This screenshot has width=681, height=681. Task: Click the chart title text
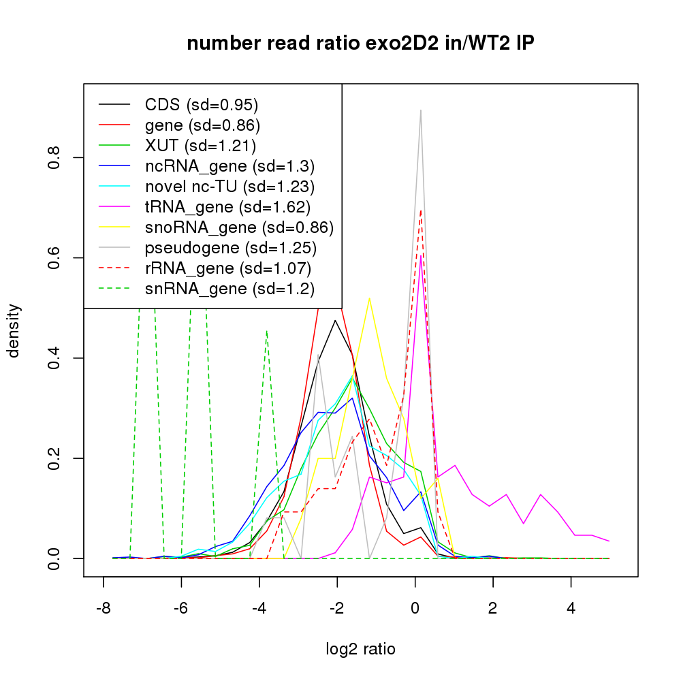pos(361,44)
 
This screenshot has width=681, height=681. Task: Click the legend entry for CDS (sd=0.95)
pos(202,105)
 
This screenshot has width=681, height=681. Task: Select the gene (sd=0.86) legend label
pos(202,125)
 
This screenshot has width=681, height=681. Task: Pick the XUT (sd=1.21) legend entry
pos(200,146)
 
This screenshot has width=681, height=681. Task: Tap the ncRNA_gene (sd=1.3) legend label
pos(229,166)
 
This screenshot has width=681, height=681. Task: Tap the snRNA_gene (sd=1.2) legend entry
pos(229,289)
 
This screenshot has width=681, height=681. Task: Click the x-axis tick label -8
pos(103,608)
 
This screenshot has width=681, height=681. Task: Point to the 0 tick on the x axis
pos(415,608)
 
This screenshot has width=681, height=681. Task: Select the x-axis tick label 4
pos(571,608)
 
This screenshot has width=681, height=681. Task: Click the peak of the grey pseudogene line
pos(421,110)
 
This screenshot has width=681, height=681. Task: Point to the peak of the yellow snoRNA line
pos(369,298)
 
